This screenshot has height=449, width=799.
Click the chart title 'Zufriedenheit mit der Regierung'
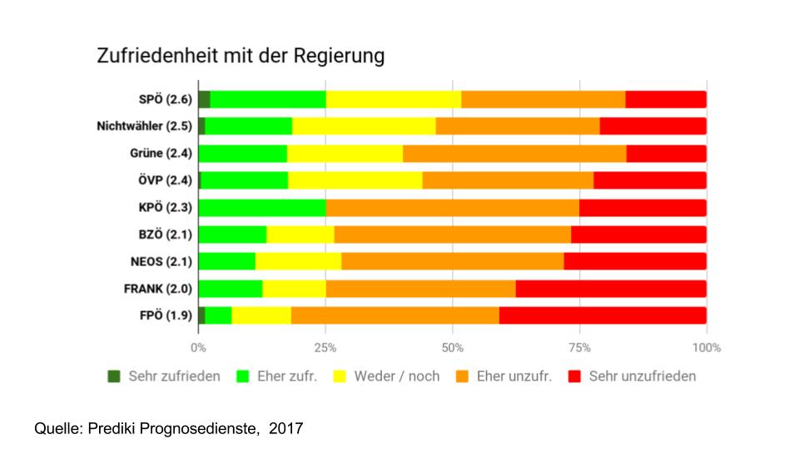click(241, 57)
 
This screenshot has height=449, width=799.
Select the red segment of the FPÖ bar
click(603, 315)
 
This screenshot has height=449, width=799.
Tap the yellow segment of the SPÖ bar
click(393, 100)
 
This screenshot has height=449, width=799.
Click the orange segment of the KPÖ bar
click(452, 208)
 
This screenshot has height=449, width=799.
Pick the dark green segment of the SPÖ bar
click(204, 100)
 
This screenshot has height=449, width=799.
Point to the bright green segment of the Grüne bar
click(243, 154)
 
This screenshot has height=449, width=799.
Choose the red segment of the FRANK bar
click(611, 289)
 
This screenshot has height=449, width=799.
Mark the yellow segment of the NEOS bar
click(298, 261)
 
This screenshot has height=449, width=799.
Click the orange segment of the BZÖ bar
click(452, 234)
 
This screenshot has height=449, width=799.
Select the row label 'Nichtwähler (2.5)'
click(144, 126)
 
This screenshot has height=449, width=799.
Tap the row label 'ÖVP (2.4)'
click(163, 180)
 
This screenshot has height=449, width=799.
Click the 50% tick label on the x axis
click(452, 347)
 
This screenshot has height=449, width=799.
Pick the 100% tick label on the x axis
click(706, 347)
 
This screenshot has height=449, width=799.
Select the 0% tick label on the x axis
click(198, 347)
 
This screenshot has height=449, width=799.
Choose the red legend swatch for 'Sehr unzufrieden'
click(573, 376)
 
